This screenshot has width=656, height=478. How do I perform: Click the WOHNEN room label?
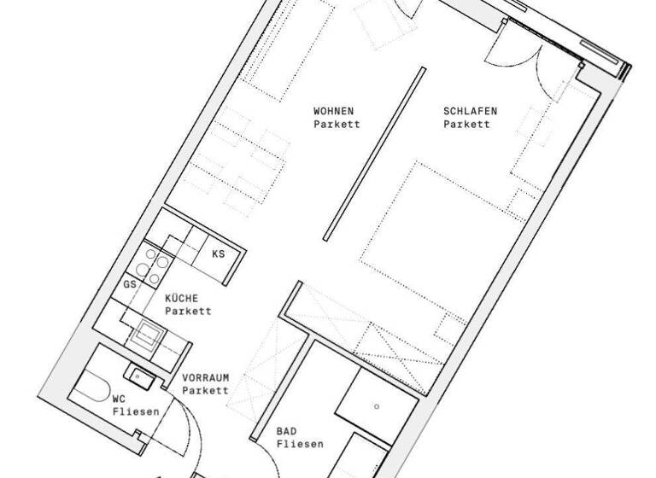point(333,111)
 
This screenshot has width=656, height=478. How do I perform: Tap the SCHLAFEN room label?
point(470,111)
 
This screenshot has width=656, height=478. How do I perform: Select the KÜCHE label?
point(182,298)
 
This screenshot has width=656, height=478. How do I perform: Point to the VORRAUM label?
point(205,376)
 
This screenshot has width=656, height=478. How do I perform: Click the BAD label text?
point(287,431)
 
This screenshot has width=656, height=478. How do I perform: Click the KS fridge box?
point(218,254)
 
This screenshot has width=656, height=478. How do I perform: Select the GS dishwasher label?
point(130,284)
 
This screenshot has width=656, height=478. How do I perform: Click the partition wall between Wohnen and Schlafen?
point(373,154)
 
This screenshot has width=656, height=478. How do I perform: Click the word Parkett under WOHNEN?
point(337,125)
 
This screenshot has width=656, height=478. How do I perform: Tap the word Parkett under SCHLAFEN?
point(467,125)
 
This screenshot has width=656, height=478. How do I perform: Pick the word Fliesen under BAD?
point(300,444)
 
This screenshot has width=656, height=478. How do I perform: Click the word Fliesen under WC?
point(136,411)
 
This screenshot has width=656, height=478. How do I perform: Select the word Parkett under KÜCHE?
point(188,311)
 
